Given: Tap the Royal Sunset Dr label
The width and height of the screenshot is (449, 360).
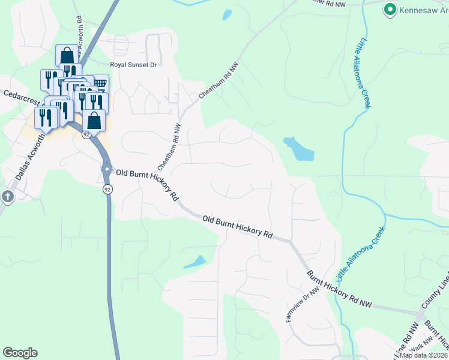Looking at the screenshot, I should [x=133, y=65].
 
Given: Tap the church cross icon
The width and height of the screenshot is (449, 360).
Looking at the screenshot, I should [x=7, y=196].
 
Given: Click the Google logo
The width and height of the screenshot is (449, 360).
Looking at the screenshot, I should [x=20, y=353].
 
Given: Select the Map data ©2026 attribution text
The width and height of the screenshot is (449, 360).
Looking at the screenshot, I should [x=424, y=355].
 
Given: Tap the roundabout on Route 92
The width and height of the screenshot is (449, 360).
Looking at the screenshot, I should [x=107, y=169].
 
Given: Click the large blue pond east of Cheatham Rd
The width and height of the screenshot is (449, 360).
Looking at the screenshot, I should [x=298, y=149].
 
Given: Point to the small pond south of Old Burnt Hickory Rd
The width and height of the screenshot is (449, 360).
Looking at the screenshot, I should [x=195, y=262].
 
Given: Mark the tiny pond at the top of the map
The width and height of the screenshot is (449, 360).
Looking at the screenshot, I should [x=227, y=14].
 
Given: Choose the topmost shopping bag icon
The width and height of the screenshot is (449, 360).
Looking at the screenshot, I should [x=66, y=55].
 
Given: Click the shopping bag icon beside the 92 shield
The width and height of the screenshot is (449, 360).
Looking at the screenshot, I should [x=94, y=120].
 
